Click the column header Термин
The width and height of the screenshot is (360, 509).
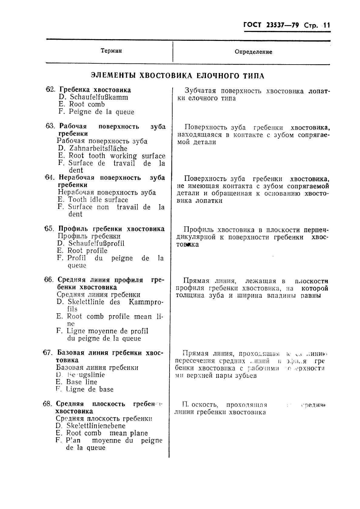(x=111, y=51)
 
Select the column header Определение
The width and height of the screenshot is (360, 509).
(x=253, y=52)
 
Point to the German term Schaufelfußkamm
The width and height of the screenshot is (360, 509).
(x=99, y=97)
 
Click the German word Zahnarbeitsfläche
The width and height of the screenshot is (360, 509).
(x=98, y=149)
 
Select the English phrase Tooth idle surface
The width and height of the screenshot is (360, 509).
(x=98, y=200)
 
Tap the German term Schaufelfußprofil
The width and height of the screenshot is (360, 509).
(x=96, y=243)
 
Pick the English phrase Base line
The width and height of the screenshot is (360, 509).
(x=82, y=382)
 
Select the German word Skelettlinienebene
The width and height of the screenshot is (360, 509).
(x=96, y=426)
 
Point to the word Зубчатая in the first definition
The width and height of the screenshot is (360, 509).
(x=200, y=91)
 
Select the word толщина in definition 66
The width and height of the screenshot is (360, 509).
(x=190, y=296)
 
